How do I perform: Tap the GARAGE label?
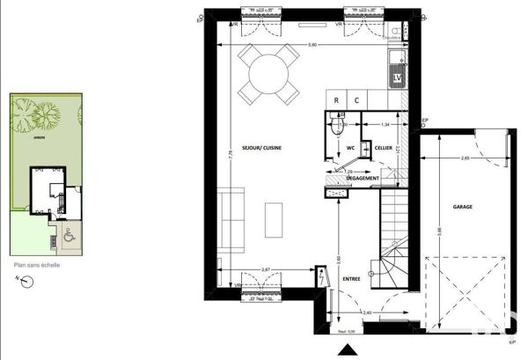coord(463,207)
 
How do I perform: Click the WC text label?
coord(349,148)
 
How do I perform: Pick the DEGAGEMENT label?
coord(363,179)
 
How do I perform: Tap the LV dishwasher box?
coord(398,78)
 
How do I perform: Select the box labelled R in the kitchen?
coord(336,100)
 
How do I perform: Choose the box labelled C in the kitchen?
coord(357,100)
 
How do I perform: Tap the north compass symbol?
coord(27,282)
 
